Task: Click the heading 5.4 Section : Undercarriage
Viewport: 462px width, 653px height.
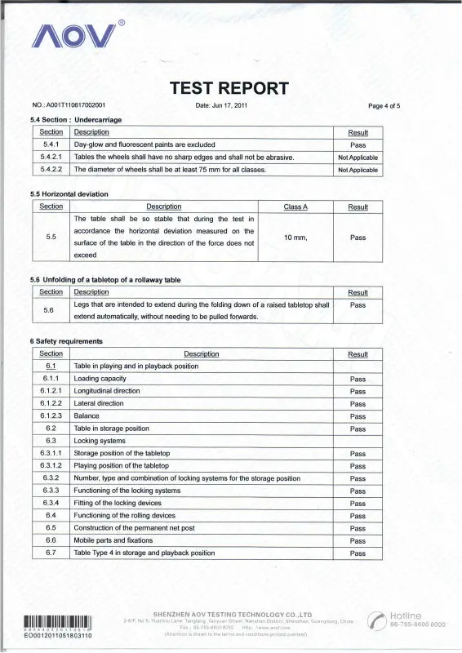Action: point(75,120)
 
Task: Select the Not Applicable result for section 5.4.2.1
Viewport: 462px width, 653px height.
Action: point(358,157)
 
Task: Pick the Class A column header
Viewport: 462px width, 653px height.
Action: point(295,207)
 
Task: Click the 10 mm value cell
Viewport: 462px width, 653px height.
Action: point(295,237)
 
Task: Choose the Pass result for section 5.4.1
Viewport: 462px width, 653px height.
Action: point(358,144)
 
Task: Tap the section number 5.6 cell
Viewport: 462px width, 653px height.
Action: point(51,310)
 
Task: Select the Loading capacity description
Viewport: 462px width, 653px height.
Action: point(100,379)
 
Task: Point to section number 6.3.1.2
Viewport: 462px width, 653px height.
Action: point(51,465)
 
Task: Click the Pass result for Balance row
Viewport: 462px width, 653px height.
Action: point(358,415)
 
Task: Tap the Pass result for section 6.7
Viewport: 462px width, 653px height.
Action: point(358,553)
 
